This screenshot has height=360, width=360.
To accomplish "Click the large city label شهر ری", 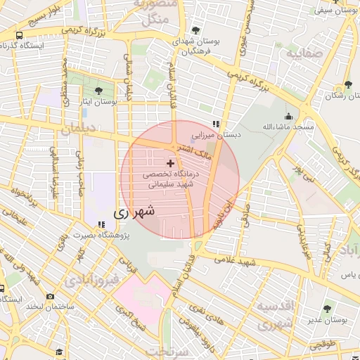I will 134,211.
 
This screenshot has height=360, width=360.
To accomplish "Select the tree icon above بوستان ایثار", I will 98,91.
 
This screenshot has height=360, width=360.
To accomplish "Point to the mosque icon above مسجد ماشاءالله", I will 288,117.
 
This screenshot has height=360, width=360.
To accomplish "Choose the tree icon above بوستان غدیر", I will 329,309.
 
